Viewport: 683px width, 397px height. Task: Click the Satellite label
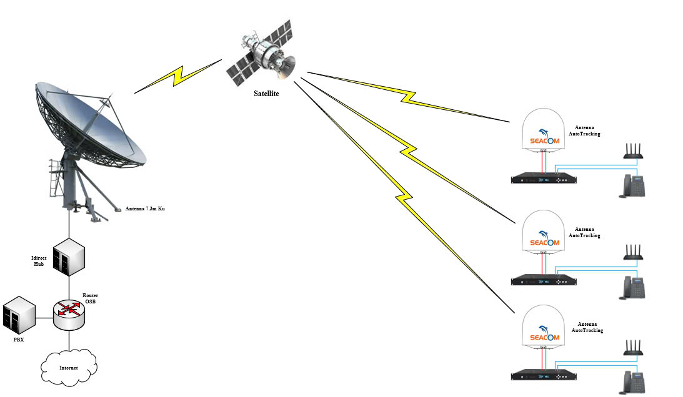click(266, 94)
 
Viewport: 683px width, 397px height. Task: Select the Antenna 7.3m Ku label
click(146, 208)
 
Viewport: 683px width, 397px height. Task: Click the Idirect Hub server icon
click(68, 257)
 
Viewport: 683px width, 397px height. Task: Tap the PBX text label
click(19, 340)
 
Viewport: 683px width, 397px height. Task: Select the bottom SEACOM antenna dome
click(542, 328)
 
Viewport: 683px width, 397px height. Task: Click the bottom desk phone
click(632, 382)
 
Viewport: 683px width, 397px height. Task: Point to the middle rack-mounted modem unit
click(543, 280)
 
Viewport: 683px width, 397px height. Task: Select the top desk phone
click(632, 186)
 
